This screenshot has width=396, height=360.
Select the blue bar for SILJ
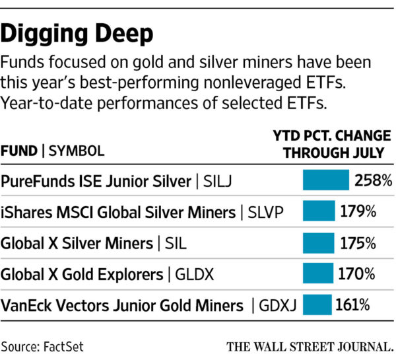click(325, 180)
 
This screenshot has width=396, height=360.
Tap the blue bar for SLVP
click(319, 212)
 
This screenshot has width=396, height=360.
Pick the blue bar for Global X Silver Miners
click(318, 243)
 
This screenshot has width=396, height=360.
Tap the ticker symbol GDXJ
click(273, 305)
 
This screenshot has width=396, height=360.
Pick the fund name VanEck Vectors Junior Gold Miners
click(123, 305)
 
